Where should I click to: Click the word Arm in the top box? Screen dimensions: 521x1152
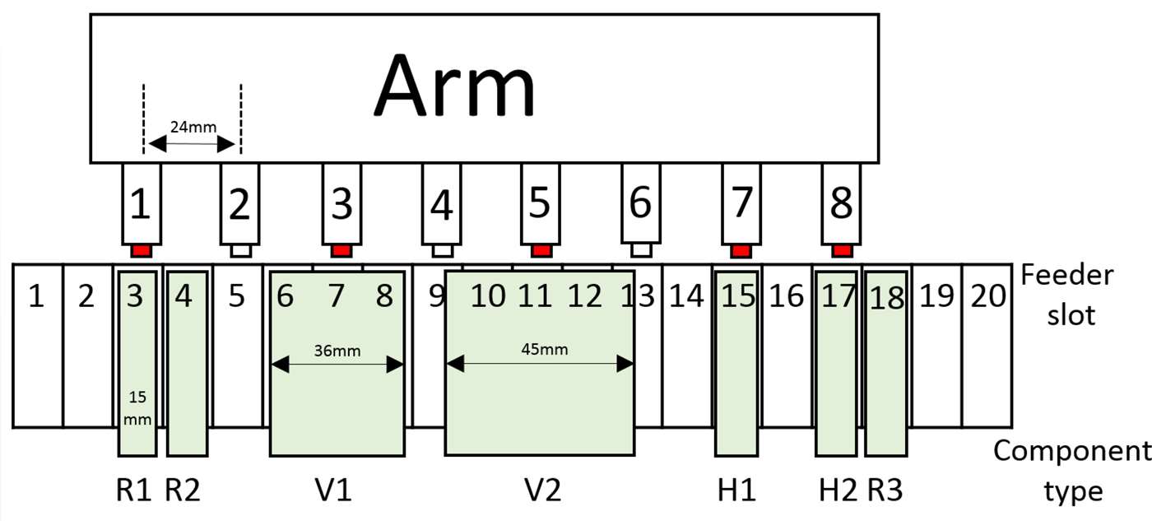tap(454, 86)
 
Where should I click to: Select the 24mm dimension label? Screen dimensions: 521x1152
tap(190, 128)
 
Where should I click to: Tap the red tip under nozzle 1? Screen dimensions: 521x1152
tap(141, 249)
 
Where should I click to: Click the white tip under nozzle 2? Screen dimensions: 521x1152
tap(239, 249)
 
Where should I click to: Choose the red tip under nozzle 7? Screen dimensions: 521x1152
tap(741, 249)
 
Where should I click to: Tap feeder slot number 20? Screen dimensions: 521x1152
tap(987, 295)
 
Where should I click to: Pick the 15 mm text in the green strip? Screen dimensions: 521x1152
tap(138, 405)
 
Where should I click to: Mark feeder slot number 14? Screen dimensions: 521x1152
tap(687, 295)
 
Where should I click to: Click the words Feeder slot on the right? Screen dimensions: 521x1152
tap(1066, 294)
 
